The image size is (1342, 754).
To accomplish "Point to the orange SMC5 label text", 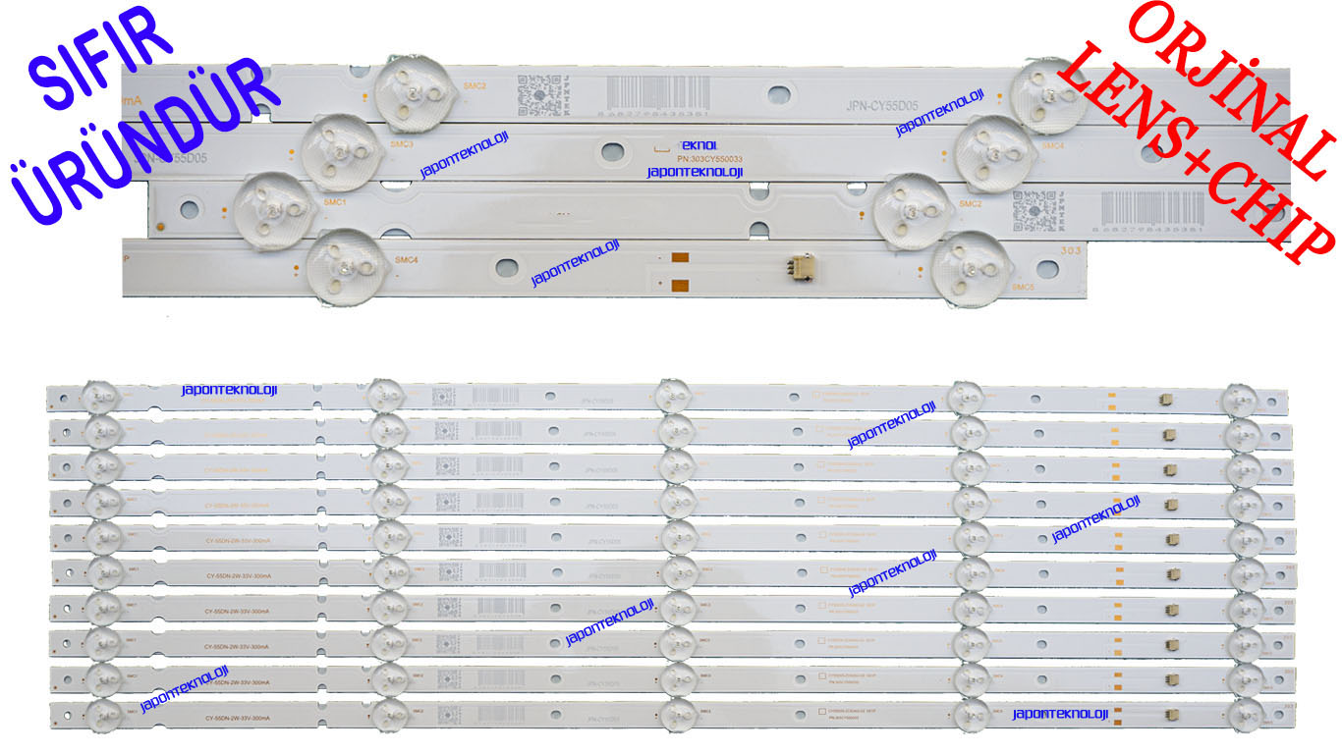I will click(x=1022, y=288).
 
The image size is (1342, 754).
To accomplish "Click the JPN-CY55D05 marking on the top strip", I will click(x=882, y=106).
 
